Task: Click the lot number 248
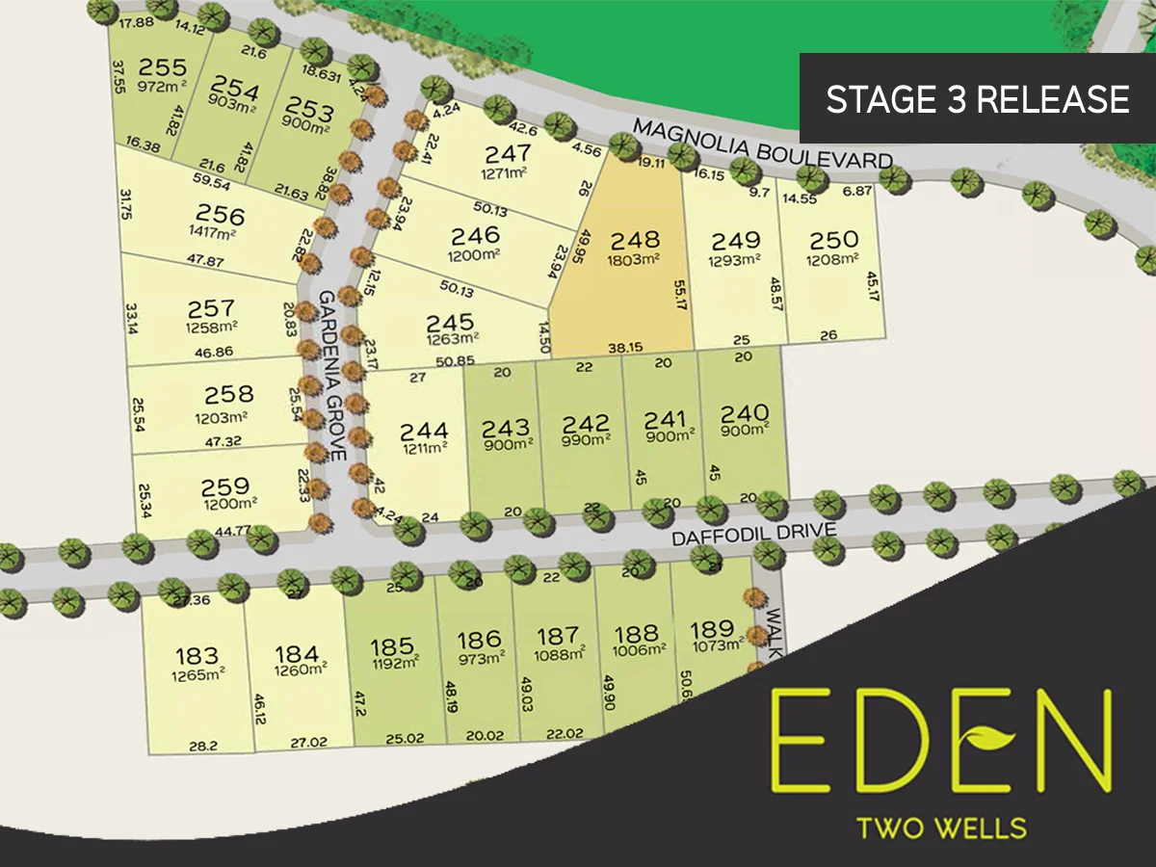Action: tap(634, 239)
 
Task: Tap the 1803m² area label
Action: tap(634, 259)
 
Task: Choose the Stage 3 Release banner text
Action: tap(978, 99)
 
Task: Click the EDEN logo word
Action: tap(942, 738)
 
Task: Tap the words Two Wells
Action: tap(942, 828)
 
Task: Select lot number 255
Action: tap(162, 66)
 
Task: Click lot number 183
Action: tap(197, 656)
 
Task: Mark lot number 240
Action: tap(745, 413)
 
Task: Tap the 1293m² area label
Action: tap(735, 260)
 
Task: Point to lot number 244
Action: tap(425, 431)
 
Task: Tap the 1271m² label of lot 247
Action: tap(508, 174)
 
